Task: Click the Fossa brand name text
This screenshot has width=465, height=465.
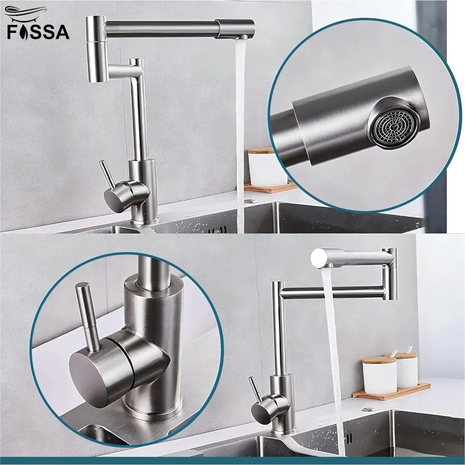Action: point(38,31)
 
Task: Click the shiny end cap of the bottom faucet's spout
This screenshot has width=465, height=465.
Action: point(318,258)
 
